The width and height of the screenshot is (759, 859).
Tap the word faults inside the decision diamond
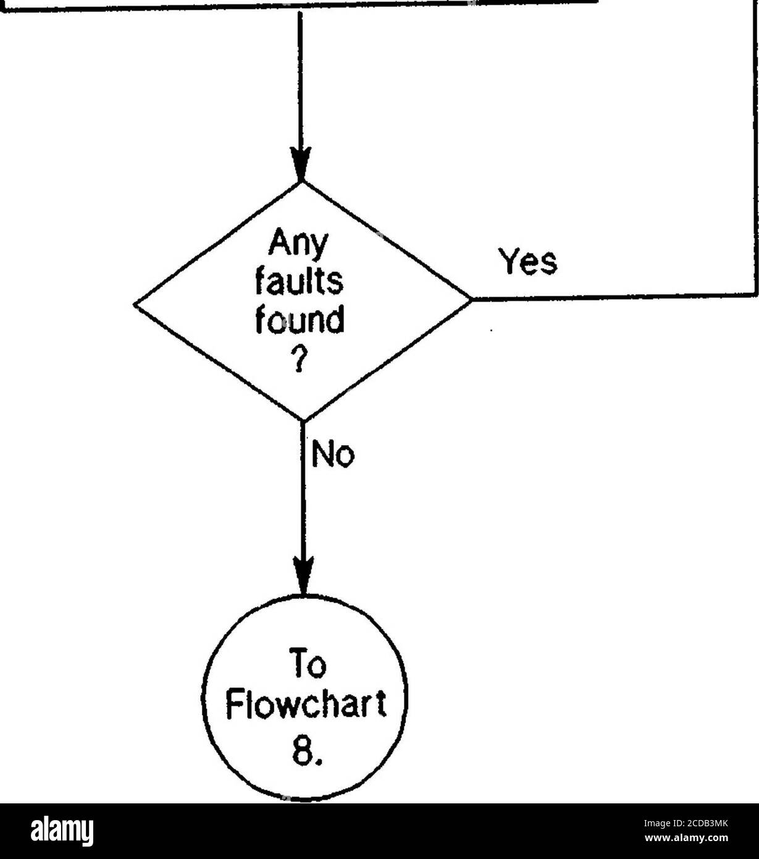[300, 286]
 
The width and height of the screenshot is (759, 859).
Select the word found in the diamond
[301, 321]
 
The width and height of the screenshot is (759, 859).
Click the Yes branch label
[528, 262]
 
